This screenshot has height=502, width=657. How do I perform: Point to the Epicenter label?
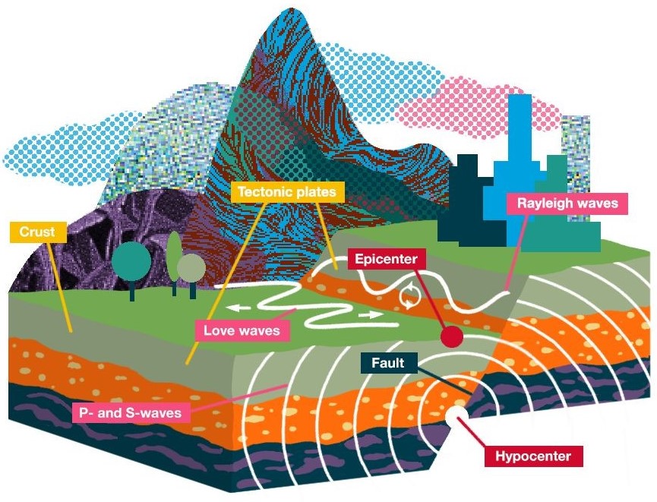[387, 259]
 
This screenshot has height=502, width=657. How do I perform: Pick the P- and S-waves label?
[131, 413]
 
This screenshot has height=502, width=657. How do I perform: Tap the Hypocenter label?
[533, 456]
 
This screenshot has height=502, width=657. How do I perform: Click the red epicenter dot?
[452, 336]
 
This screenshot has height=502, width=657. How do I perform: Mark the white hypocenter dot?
[456, 415]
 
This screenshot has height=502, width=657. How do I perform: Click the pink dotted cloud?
[486, 107]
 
